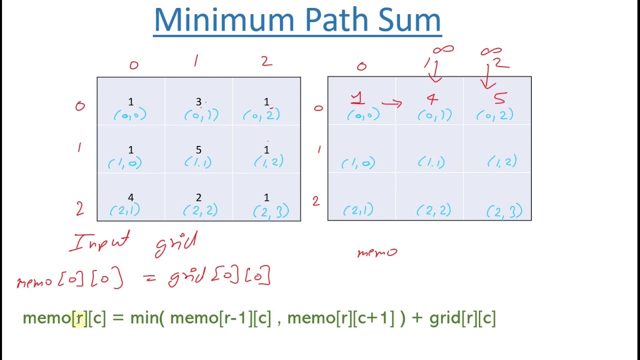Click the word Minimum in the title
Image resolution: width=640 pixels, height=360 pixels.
225,20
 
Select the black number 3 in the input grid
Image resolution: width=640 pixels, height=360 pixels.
198,102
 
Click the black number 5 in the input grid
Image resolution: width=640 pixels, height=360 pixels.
198,150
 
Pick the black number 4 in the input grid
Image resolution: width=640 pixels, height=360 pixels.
130,198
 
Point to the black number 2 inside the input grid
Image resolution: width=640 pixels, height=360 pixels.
198,198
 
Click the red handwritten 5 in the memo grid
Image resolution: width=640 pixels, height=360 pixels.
499,98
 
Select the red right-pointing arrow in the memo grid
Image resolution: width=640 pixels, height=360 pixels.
391,103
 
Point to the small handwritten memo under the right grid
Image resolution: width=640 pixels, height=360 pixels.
377,252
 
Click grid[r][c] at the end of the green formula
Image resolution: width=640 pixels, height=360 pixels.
462,318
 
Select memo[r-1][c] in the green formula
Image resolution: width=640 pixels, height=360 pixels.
220,318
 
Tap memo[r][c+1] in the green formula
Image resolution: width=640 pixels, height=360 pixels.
340,318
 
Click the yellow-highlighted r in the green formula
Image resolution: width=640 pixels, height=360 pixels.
79,318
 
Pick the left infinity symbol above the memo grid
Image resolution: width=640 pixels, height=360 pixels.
443,49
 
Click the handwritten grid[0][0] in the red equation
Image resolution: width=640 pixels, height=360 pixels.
220,276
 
